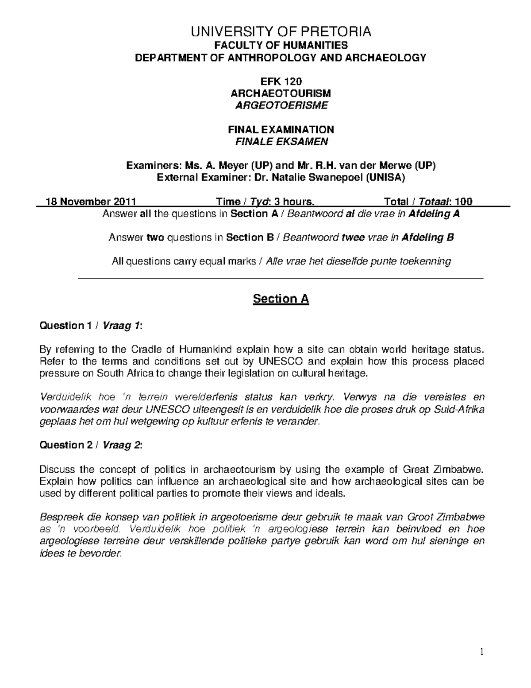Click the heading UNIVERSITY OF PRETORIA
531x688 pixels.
click(x=281, y=32)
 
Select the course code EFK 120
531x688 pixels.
click(x=281, y=81)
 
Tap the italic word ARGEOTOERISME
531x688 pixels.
click(x=281, y=105)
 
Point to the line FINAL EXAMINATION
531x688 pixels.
click(x=281, y=129)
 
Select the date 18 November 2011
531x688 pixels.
click(x=92, y=202)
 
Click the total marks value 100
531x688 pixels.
click(x=463, y=202)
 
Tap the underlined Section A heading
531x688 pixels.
click(x=281, y=299)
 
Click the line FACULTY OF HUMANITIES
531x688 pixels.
click(x=281, y=45)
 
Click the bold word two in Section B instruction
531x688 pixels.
click(x=155, y=237)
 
